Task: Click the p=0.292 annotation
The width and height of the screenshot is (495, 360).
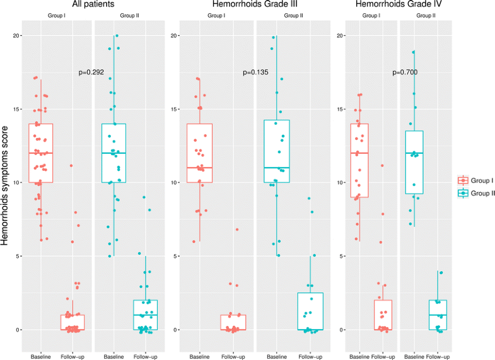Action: pyautogui.click(x=91, y=73)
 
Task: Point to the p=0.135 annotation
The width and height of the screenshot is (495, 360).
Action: pyautogui.click(x=255, y=73)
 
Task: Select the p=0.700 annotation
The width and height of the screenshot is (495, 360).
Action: pyautogui.click(x=405, y=73)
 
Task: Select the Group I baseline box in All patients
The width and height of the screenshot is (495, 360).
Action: pyautogui.click(x=40, y=153)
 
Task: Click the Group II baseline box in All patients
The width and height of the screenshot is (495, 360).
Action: pyautogui.click(x=114, y=153)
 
